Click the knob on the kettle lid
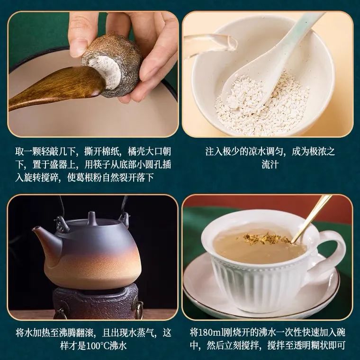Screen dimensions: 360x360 tap(92, 216)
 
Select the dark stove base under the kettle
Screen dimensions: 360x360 tap(97, 301)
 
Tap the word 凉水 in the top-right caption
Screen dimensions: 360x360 tap(257, 152)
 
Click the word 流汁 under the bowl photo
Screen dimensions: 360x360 tap(270, 165)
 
